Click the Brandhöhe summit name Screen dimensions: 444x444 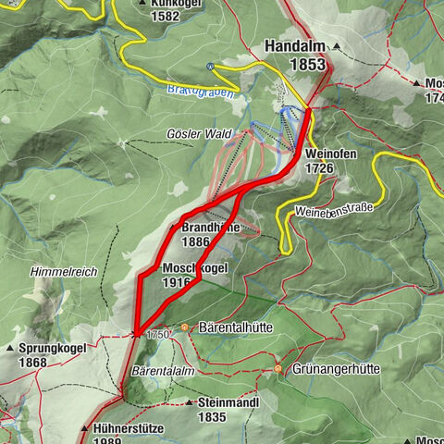[211, 228]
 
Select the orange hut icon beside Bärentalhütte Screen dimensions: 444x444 [185, 327]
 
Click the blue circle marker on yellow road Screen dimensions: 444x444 [211, 66]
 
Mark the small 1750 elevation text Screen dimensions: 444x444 [156, 334]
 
